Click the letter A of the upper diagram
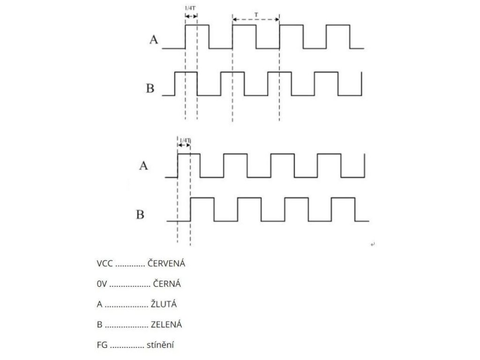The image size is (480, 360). click(x=154, y=40)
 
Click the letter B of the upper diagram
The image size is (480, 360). click(x=150, y=88)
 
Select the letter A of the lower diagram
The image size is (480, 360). click(x=143, y=165)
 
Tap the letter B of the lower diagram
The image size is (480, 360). click(x=140, y=215)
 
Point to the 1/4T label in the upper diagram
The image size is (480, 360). click(x=190, y=8)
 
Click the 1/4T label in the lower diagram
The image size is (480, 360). click(x=185, y=140)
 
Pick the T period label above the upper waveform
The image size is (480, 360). click(x=256, y=15)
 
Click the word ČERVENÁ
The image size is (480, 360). click(x=166, y=263)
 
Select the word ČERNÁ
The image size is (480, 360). click(x=166, y=284)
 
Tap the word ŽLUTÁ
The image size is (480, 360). click(x=164, y=304)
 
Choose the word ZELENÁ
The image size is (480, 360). click(x=166, y=324)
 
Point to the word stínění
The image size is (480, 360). click(x=160, y=345)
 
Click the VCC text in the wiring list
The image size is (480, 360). click(x=105, y=263)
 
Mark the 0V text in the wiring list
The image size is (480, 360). click(x=101, y=284)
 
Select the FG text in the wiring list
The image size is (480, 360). click(x=102, y=345)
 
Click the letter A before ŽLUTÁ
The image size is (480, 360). click(x=99, y=304)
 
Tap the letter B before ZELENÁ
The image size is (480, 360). click(x=99, y=324)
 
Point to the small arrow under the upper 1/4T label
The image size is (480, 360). click(x=191, y=15)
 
